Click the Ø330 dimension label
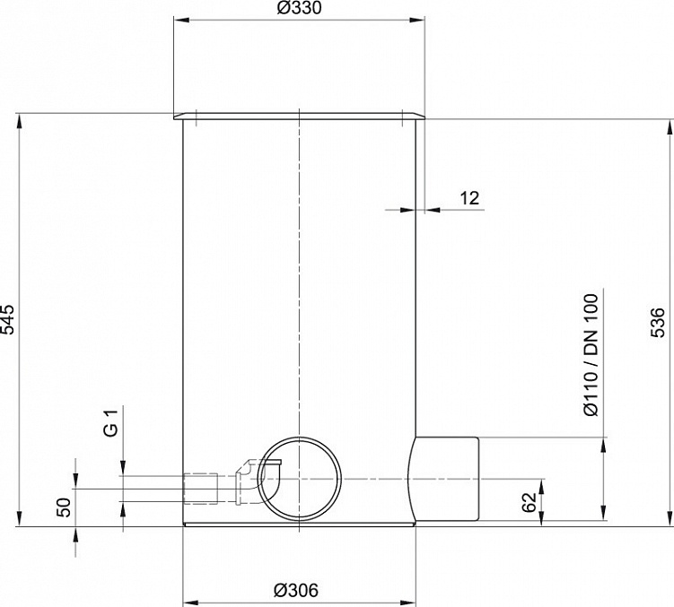[299, 8]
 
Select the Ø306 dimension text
[296, 590]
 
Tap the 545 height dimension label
[8, 319]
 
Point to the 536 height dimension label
[658, 322]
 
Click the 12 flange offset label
[469, 198]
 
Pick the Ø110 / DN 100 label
[591, 355]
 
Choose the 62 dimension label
[530, 502]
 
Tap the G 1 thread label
[111, 423]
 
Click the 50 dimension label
[64, 507]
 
